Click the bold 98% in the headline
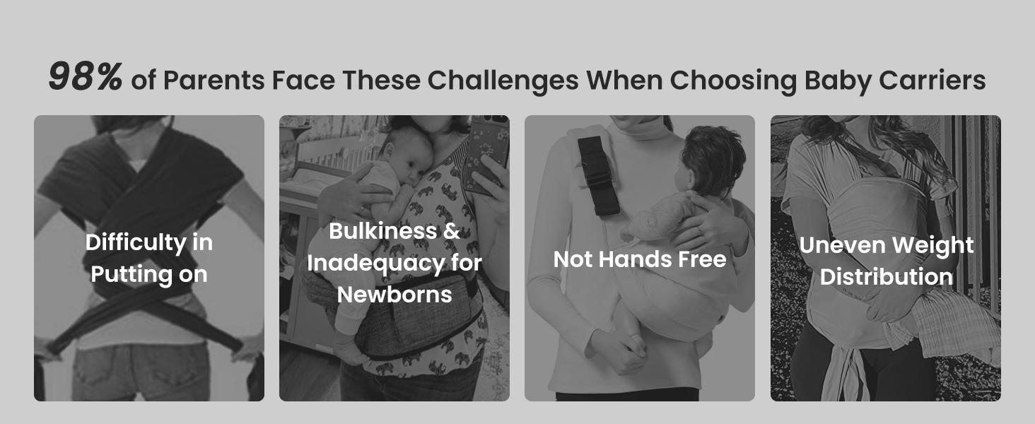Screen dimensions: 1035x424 (86, 76)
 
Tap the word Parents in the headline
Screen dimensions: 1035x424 (214, 81)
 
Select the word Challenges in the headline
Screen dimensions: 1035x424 (503, 81)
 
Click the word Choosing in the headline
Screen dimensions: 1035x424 (733, 81)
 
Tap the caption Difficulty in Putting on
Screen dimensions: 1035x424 (148, 259)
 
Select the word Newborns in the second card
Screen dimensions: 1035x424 (394, 295)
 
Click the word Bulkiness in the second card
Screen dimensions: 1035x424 (382, 231)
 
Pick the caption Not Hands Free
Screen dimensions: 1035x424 (640, 259)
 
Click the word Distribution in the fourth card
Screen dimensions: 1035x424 (887, 277)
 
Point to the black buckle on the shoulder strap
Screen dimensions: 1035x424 (597, 175)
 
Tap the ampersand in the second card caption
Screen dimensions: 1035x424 (452, 231)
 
